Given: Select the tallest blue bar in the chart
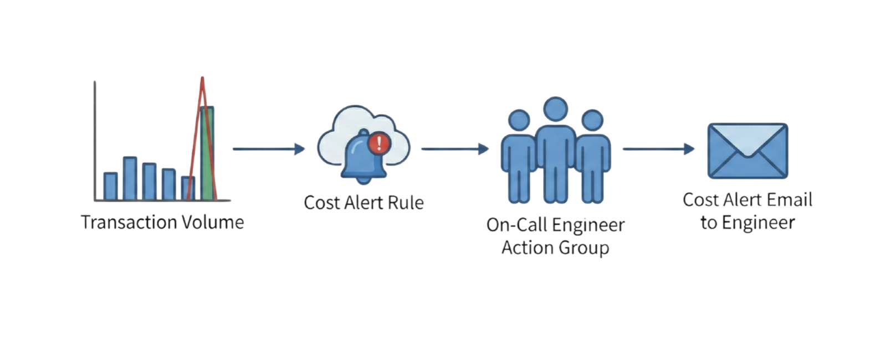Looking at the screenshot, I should [130, 178].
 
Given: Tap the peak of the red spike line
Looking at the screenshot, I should [202, 79].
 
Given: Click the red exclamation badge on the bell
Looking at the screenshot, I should [379, 143].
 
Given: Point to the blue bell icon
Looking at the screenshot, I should [363, 158].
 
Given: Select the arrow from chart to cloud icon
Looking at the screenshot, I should [269, 149].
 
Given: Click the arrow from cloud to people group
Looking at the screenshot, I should [455, 149].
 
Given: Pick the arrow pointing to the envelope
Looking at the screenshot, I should [658, 149].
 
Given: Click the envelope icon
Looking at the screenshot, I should [748, 151].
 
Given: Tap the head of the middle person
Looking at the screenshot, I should [555, 109].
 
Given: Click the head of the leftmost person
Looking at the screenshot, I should [519, 120].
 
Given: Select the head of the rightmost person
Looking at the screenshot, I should [592, 120].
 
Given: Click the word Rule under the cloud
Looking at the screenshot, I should [406, 203].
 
